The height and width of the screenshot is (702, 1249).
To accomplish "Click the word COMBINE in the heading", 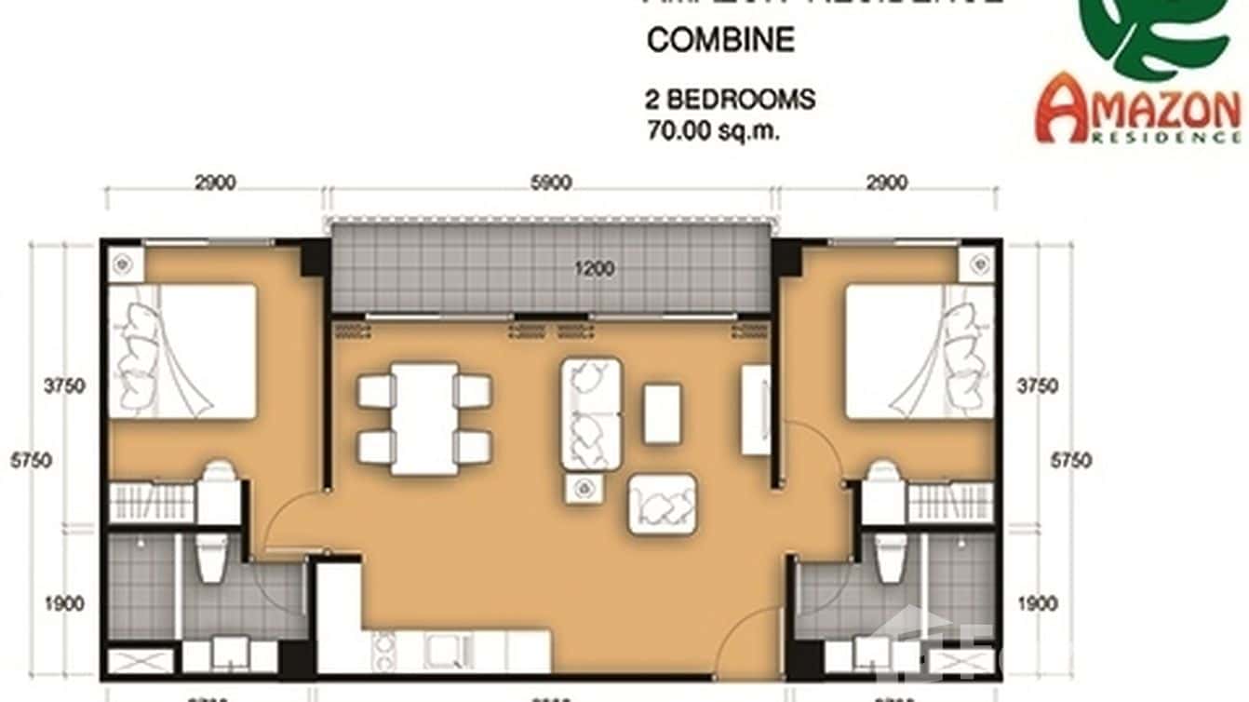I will tap(720, 40).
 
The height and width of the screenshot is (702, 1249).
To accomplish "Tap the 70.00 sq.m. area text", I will tap(713, 130).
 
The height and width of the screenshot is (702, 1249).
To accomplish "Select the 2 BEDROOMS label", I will tap(731, 99).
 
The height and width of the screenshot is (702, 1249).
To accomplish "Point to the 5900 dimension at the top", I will tap(550, 183).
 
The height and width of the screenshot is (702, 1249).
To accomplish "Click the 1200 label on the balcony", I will tap(595, 270).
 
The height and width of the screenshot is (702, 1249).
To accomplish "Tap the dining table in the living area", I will tap(424, 418).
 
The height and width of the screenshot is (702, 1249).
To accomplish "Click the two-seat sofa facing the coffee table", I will tap(591, 413).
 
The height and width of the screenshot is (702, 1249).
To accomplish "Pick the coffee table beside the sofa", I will tap(662, 413).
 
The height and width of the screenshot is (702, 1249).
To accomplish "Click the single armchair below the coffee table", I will tap(663, 504).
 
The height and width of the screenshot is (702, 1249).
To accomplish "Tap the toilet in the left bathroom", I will tap(212, 559).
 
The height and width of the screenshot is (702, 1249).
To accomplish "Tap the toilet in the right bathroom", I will tap(891, 559).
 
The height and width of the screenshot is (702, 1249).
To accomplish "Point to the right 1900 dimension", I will tap(1038, 604).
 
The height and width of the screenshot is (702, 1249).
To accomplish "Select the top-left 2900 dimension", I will tap(216, 183).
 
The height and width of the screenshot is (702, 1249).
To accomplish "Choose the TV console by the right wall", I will tap(755, 410).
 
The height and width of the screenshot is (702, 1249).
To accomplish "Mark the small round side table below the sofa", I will tap(584, 487).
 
